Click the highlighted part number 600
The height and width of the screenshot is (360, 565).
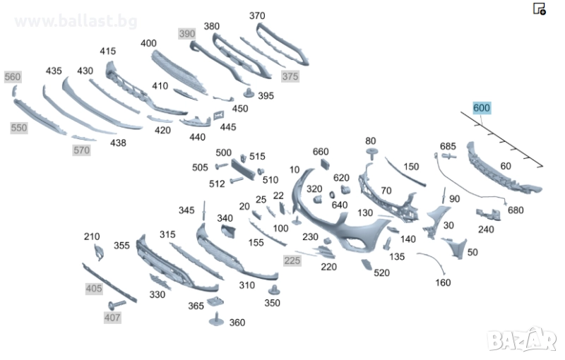(x=482, y=108)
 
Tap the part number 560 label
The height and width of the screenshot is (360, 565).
(x=13, y=77)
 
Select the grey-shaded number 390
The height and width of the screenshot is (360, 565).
(x=186, y=34)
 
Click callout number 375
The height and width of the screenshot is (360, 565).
(x=290, y=76)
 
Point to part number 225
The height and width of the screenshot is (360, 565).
(x=292, y=260)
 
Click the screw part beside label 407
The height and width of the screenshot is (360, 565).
(x=118, y=304)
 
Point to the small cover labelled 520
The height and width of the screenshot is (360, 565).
(x=366, y=265)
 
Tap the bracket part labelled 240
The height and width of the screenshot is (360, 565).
(x=487, y=213)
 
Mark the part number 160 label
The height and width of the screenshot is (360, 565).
(x=443, y=283)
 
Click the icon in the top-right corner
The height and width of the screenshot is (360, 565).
(x=539, y=8)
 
